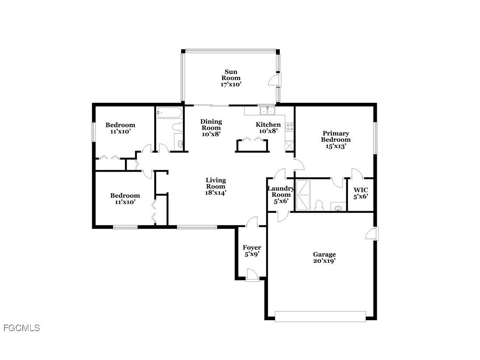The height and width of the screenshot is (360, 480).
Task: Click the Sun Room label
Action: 231,78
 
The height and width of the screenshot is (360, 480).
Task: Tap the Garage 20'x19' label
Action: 324,258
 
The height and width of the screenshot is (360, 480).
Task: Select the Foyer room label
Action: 252,251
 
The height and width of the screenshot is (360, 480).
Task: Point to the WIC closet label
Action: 361,193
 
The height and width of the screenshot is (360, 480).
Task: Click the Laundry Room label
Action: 281,195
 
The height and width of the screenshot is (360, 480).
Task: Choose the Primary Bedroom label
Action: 336,140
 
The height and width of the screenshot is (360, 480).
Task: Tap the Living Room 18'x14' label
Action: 216,186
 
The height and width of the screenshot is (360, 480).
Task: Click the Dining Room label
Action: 211,128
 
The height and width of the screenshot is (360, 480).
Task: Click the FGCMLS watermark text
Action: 21,328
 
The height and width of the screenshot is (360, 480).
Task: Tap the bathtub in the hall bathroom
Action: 169,112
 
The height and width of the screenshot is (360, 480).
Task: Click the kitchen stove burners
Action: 289,127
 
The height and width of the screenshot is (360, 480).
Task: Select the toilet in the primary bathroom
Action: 319,206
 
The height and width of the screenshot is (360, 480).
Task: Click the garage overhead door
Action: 320,316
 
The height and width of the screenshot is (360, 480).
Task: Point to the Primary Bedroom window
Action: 375,138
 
